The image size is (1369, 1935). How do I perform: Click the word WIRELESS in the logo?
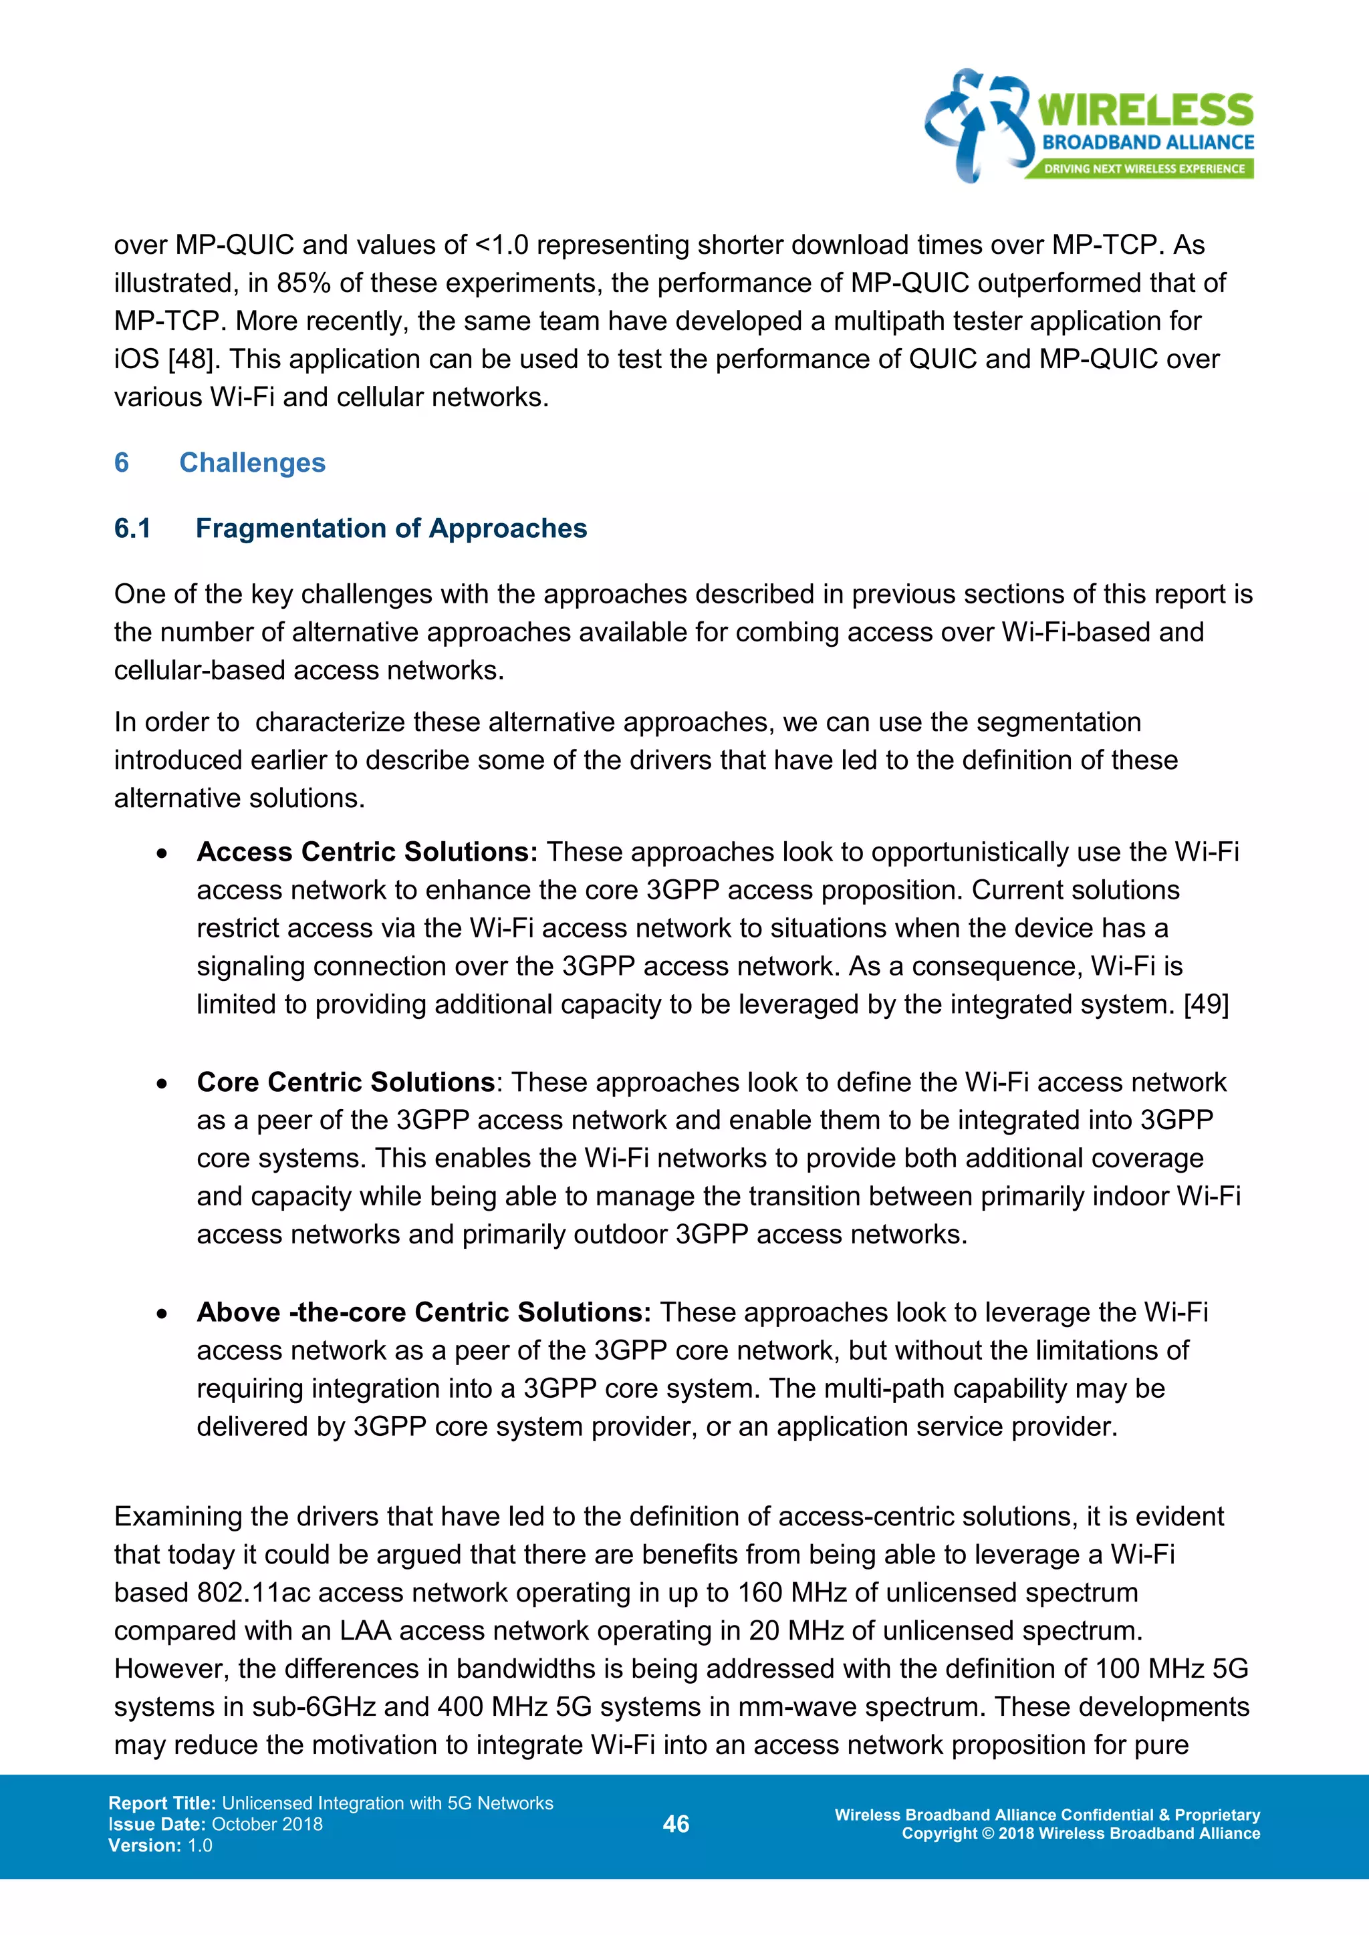click(x=1145, y=110)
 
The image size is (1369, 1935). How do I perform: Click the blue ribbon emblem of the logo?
click(x=978, y=125)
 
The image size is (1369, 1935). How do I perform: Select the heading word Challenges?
click(x=252, y=462)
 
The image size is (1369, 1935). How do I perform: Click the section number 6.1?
click(x=132, y=529)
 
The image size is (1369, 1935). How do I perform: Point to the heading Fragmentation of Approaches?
click(x=391, y=529)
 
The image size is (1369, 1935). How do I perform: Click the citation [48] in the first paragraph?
click(x=191, y=359)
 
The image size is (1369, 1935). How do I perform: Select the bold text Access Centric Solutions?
click(x=367, y=852)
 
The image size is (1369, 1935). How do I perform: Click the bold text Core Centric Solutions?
click(x=346, y=1082)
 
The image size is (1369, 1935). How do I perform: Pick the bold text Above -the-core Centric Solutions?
click(x=423, y=1312)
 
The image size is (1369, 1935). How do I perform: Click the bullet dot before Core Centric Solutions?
click(x=162, y=1084)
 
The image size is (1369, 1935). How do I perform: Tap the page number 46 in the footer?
click(x=676, y=1824)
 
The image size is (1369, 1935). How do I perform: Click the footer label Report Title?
click(x=162, y=1803)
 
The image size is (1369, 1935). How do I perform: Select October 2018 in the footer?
click(x=267, y=1824)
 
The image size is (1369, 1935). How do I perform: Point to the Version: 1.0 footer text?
click(x=160, y=1845)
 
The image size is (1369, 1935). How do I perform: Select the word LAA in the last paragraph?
click(x=365, y=1631)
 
